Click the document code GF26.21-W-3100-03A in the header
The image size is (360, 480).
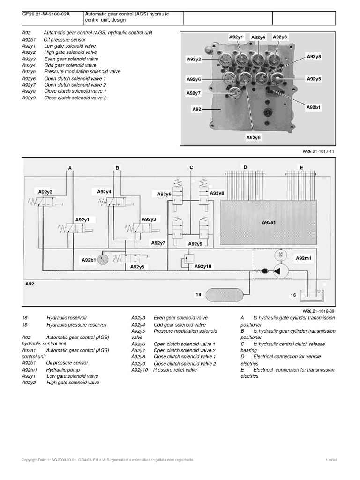46,15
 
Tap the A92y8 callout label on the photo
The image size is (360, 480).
314,57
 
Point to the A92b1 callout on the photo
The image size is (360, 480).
314,107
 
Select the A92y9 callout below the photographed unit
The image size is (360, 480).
253,138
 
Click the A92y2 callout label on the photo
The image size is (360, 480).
194,59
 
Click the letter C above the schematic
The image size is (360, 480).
191,167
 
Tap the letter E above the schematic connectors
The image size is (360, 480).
301,167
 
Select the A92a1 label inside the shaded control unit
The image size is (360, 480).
268,223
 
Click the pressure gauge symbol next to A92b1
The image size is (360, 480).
104,259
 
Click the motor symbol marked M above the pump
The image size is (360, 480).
280,254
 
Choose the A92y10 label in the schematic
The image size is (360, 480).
203,266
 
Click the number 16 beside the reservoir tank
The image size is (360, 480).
293,295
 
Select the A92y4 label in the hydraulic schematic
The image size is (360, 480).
105,191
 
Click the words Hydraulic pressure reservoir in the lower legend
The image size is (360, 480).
77,324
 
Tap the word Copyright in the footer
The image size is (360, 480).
32,460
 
